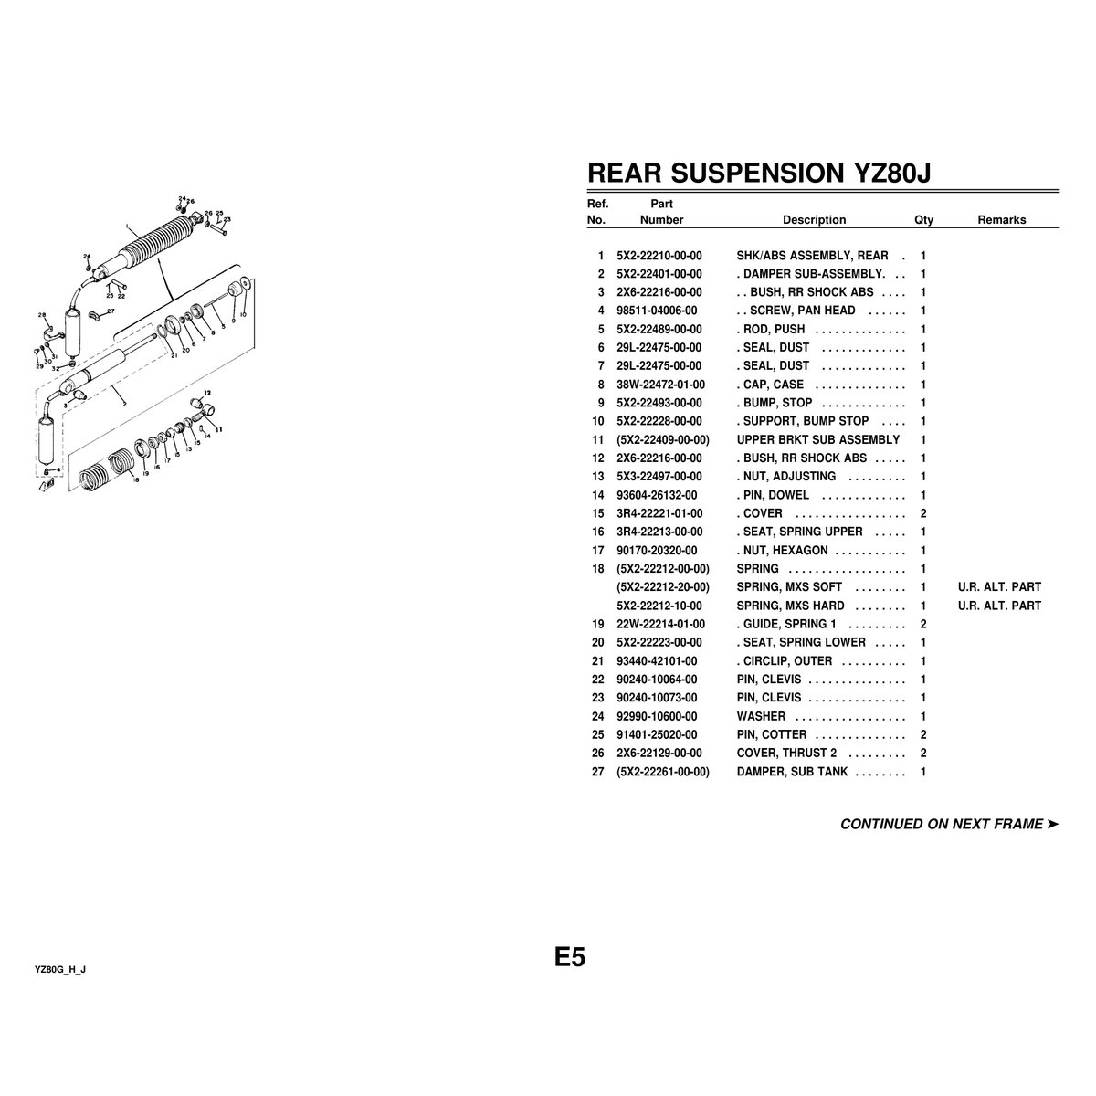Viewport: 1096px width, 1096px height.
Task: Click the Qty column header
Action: tap(923, 220)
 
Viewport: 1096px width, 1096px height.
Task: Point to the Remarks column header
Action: tap(1001, 220)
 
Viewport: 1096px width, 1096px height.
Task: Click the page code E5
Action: tap(569, 957)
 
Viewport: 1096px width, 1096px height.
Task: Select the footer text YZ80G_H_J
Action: tap(60, 969)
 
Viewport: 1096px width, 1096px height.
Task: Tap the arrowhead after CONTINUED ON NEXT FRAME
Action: tap(1053, 824)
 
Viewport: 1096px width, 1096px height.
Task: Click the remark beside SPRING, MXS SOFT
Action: tap(999, 587)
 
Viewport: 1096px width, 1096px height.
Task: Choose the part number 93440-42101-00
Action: tap(657, 661)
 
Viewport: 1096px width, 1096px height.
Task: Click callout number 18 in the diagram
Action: tap(135, 479)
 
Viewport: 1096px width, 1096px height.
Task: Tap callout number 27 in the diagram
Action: tap(111, 311)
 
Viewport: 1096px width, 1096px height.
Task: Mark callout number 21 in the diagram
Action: tap(174, 355)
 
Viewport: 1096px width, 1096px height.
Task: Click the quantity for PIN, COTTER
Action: tap(923, 734)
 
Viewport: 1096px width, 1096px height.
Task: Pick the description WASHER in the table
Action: tap(761, 716)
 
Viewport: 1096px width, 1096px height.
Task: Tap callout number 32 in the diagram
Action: tap(56, 367)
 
